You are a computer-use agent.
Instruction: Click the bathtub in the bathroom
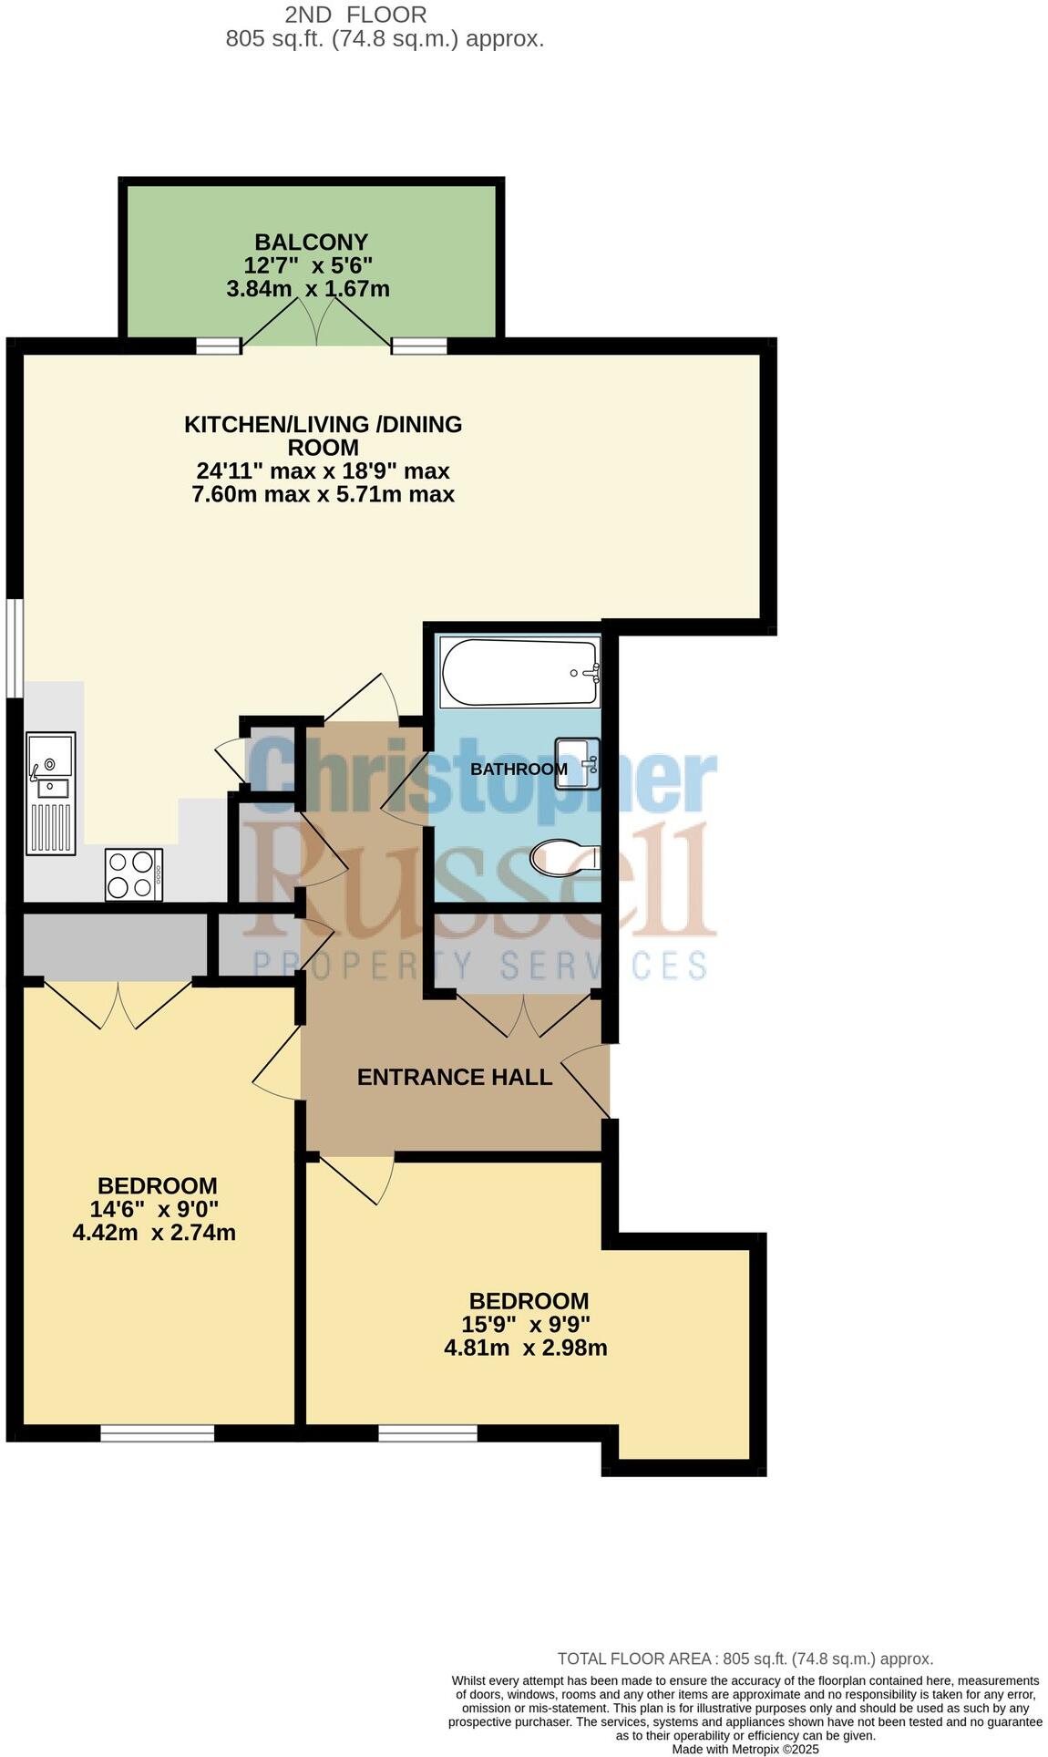click(520, 672)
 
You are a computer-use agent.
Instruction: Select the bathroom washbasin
click(579, 763)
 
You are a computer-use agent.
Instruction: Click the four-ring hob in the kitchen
click(134, 874)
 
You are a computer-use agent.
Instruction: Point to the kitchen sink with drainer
click(50, 791)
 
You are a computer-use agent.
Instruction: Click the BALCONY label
click(311, 242)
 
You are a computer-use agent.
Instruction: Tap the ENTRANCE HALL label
click(454, 1077)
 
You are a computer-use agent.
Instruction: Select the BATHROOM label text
click(519, 769)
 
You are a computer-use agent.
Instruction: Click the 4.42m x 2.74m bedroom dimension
click(154, 1233)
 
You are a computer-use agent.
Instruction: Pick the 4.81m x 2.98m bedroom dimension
click(525, 1348)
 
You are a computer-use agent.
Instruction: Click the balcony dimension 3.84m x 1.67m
click(308, 289)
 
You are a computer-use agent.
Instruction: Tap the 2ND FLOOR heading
click(355, 15)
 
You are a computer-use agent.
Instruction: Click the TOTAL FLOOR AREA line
click(745, 1659)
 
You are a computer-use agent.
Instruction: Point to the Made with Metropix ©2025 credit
click(745, 1749)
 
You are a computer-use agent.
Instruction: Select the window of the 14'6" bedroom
click(157, 1433)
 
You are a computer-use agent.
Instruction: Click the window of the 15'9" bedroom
click(427, 1433)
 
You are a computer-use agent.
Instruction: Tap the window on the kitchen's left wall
click(14, 647)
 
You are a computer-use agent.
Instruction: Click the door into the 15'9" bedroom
click(355, 1178)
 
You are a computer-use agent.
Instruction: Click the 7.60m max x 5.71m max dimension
click(323, 494)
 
